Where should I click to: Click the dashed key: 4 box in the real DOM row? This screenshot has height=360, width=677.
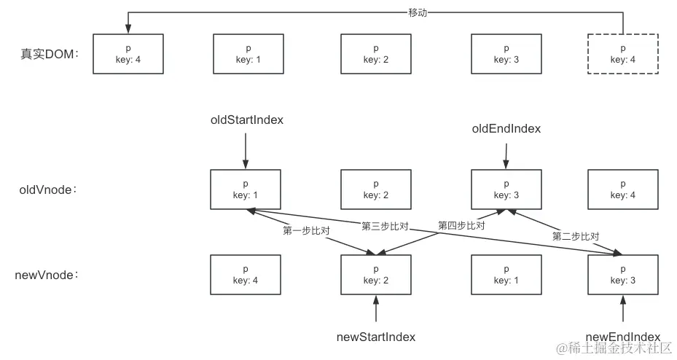pyautogui.click(x=622, y=53)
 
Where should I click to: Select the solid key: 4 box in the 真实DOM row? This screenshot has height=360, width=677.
pyautogui.click(x=128, y=53)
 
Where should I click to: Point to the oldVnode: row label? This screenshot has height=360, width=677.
pyautogui.click(x=48, y=189)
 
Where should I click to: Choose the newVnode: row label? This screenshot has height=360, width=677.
pyautogui.click(x=47, y=275)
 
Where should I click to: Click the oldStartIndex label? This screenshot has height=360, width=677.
pyautogui.click(x=246, y=120)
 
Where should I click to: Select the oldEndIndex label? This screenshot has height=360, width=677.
pyautogui.click(x=506, y=128)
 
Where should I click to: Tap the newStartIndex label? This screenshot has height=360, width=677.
pyautogui.click(x=376, y=337)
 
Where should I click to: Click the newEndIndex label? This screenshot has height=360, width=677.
pyautogui.click(x=622, y=337)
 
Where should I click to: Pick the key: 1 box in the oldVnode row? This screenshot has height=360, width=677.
pyautogui.click(x=246, y=189)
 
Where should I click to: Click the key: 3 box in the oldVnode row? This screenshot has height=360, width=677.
pyautogui.click(x=506, y=189)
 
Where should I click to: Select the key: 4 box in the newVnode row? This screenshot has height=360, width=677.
pyautogui.click(x=246, y=275)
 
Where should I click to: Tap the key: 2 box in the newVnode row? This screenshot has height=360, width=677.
pyautogui.click(x=376, y=275)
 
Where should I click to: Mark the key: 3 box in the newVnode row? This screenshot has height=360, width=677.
pyautogui.click(x=622, y=275)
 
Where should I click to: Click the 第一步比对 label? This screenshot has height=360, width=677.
pyautogui.click(x=306, y=230)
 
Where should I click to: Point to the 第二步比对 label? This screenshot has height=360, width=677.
pyautogui.click(x=576, y=236)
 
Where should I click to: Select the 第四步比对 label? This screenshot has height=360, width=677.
pyautogui.click(x=461, y=226)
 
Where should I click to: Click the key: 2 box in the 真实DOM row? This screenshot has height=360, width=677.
pyautogui.click(x=376, y=53)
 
